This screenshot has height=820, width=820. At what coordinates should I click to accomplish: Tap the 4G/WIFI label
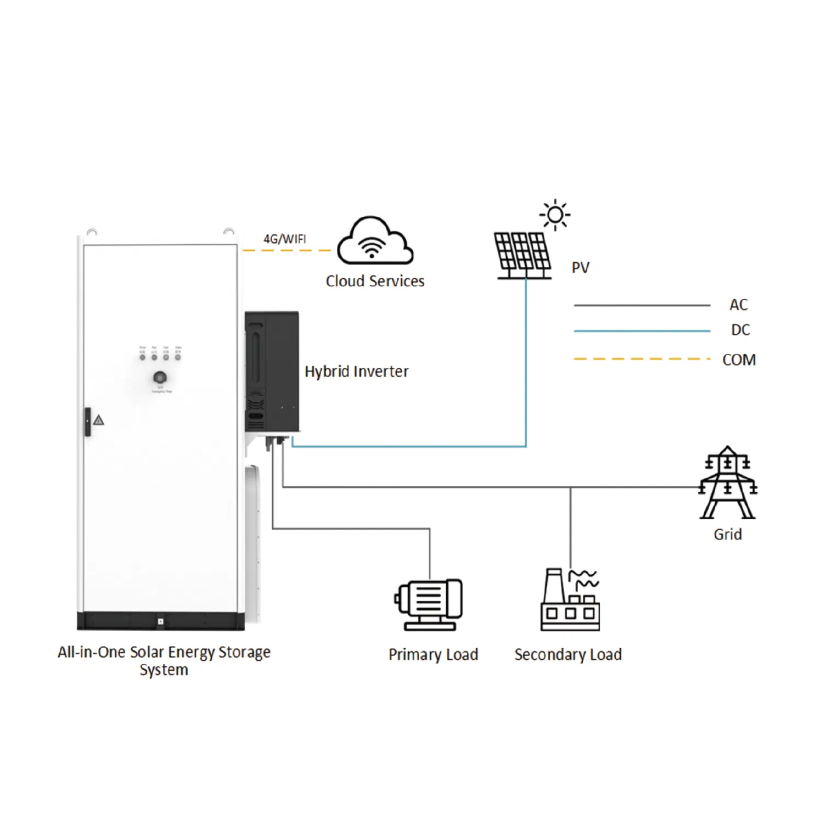[x=284, y=239]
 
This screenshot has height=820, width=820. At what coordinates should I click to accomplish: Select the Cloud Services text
[x=375, y=281]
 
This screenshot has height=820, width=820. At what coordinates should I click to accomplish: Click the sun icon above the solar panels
[x=555, y=215]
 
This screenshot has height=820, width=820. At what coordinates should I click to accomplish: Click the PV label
[x=580, y=268]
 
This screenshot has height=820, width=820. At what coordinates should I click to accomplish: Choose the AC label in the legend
[x=738, y=305]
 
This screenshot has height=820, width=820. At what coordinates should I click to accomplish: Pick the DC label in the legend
[x=740, y=330]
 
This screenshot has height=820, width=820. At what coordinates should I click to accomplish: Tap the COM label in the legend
[x=739, y=360]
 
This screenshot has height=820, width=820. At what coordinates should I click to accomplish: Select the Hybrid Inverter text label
[x=356, y=372]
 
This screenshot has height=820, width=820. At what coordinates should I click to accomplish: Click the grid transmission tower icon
[x=728, y=483]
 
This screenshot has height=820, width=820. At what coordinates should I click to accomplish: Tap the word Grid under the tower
[x=727, y=534]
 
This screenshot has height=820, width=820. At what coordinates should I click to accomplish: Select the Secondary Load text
[x=568, y=654]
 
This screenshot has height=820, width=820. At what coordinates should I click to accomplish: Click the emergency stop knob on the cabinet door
[x=160, y=378]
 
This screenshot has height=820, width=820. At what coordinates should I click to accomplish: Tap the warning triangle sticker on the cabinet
[x=99, y=420]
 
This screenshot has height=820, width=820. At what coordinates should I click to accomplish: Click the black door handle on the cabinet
[x=87, y=422]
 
